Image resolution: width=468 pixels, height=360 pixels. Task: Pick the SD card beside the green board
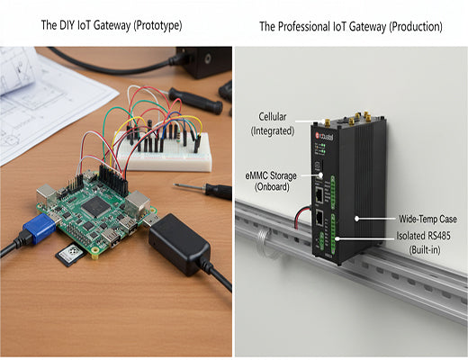tap(67, 256)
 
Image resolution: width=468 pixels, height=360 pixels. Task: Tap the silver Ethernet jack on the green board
tap(139, 203)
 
